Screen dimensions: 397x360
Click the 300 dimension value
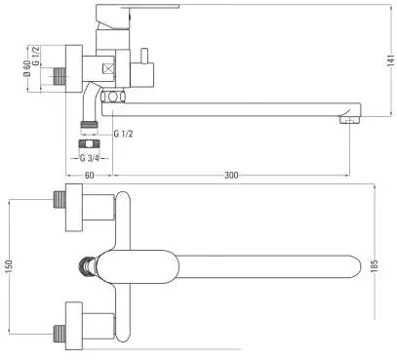(x=231, y=175)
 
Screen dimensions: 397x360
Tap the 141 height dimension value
(x=391, y=60)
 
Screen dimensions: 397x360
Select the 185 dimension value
(x=375, y=265)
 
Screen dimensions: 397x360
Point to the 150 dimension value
(x=9, y=266)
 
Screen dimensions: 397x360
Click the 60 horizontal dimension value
(x=90, y=175)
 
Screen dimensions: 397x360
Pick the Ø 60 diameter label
(x=27, y=68)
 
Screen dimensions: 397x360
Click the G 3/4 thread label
(x=89, y=158)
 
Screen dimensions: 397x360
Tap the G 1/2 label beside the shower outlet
(x=123, y=134)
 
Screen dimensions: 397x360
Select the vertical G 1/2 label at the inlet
(x=36, y=56)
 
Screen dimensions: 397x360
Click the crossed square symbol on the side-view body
(x=108, y=69)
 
